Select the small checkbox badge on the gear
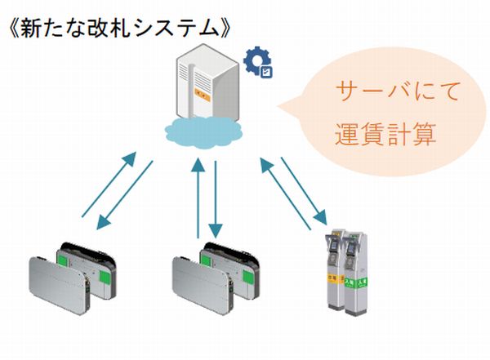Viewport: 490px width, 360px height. click(x=266, y=71)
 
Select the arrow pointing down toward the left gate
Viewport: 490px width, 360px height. click(x=127, y=196)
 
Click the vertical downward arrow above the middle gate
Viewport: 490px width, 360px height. click(x=216, y=196)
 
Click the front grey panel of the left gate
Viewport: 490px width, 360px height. click(x=53, y=281)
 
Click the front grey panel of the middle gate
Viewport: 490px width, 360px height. click(x=197, y=281)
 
